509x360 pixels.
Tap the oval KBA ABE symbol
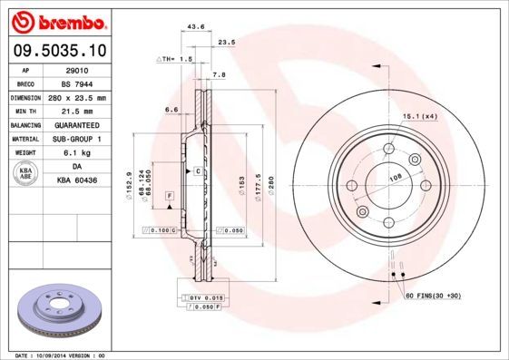(25, 173)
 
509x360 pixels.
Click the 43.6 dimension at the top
(193, 26)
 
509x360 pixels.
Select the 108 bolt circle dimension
(395, 178)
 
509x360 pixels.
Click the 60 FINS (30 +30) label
(435, 297)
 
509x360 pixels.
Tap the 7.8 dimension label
(219, 75)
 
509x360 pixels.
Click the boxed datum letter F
(169, 196)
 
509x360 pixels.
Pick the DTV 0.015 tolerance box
(201, 297)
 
